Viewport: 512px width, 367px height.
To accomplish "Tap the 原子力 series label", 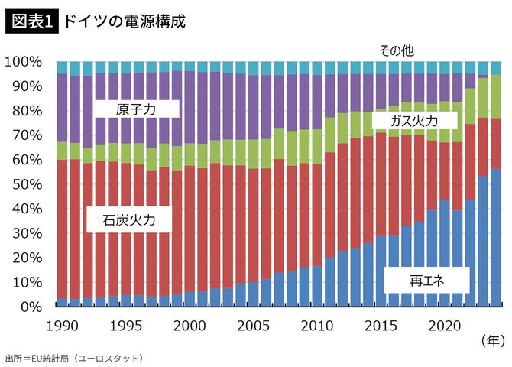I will [135, 110].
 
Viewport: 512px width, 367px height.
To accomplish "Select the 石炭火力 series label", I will [130, 221].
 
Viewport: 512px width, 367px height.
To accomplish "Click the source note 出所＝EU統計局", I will [73, 357].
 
